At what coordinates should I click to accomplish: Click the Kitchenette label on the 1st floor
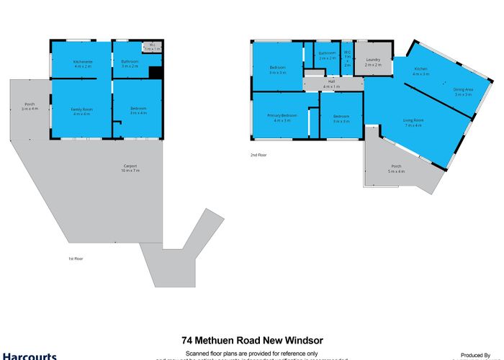coord(80,61)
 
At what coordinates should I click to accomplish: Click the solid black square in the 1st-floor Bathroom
coord(155,71)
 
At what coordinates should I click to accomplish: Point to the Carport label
coord(130,166)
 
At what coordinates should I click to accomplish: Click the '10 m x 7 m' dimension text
coord(130,171)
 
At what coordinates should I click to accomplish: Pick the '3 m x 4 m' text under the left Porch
coord(30,109)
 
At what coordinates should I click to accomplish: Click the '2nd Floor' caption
coord(257,155)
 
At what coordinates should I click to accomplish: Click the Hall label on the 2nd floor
coord(332,81)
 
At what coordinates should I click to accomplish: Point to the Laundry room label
coord(373,60)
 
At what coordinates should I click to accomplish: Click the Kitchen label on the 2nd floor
coord(420,68)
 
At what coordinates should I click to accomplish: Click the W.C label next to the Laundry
coord(347,52)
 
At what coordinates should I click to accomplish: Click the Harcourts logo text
coord(29,356)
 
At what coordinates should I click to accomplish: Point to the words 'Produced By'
coord(475,354)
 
